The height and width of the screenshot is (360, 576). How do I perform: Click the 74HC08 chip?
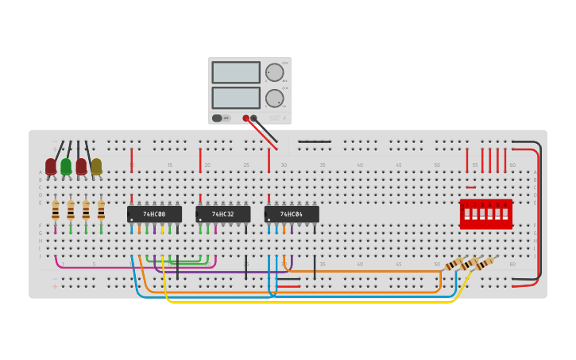(x=154, y=215)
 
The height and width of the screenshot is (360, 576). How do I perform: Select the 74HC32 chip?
(x=222, y=215)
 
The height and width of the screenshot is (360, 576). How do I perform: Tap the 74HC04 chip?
(x=292, y=215)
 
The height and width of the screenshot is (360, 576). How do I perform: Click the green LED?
(x=66, y=166)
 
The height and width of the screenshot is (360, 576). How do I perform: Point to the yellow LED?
(x=96, y=166)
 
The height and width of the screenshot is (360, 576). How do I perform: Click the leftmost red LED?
(x=51, y=166)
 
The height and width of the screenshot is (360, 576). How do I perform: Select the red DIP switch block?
(x=485, y=214)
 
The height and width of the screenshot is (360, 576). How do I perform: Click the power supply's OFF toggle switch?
(x=217, y=118)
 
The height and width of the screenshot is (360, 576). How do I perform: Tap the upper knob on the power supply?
(x=274, y=72)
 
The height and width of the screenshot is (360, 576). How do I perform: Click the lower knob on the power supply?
(x=274, y=99)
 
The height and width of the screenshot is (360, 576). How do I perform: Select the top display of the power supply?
(x=236, y=72)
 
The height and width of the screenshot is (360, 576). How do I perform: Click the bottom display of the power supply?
(x=236, y=98)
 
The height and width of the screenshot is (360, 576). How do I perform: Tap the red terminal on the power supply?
(x=245, y=118)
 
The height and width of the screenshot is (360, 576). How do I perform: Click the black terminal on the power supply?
(x=254, y=118)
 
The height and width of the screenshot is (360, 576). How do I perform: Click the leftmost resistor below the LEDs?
(x=55, y=211)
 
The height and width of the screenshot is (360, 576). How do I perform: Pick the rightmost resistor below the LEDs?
(x=101, y=211)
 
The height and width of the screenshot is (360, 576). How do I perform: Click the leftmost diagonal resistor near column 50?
(x=454, y=265)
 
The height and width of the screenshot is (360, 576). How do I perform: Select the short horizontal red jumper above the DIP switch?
(x=471, y=188)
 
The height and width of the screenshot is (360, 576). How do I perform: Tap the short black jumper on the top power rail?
(x=315, y=141)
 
